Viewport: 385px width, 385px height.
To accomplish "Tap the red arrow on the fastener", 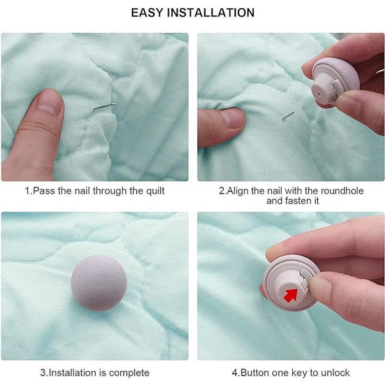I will coord(291,295).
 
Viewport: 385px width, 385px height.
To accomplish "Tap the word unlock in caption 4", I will coord(335,372).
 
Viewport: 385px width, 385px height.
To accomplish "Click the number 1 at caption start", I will coord(27,191).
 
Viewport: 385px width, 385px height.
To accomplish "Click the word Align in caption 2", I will coord(237,191).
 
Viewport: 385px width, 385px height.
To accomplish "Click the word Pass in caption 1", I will coord(41,191).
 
